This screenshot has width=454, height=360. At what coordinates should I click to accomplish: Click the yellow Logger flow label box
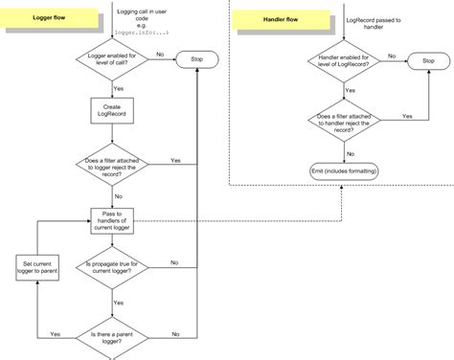[x=49, y=19]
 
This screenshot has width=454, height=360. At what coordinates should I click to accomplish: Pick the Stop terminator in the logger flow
[x=197, y=60]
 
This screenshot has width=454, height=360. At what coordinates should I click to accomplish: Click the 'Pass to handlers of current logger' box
[x=114, y=220]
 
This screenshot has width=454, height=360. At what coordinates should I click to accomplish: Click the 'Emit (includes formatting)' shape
[x=344, y=169]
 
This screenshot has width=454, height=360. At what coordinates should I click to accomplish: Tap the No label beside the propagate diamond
[x=174, y=261]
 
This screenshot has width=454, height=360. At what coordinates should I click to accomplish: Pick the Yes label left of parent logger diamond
[x=55, y=333]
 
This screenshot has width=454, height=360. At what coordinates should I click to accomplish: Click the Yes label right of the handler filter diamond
[x=406, y=115]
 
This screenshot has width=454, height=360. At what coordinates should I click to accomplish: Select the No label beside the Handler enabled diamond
[x=391, y=56]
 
